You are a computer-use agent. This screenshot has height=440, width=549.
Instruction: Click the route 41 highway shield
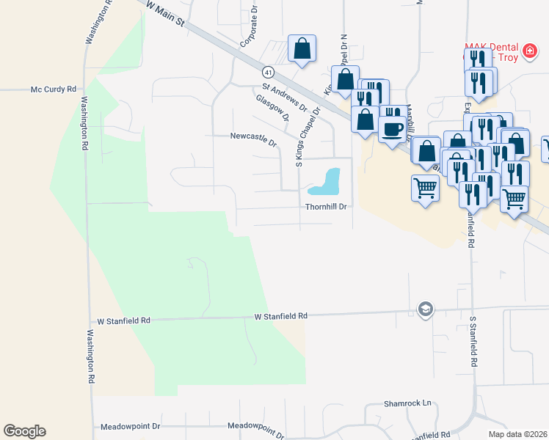click(269, 72)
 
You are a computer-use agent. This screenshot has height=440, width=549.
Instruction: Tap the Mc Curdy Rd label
click(54, 89)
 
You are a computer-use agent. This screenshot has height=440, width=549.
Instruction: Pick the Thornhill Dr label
click(326, 207)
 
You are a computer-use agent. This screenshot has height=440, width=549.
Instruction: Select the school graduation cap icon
click(424, 310)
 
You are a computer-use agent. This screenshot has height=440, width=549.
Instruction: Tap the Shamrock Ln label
click(408, 404)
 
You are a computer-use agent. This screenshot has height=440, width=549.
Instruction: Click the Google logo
click(24, 431)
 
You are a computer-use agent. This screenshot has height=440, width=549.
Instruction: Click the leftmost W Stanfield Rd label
click(123, 320)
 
